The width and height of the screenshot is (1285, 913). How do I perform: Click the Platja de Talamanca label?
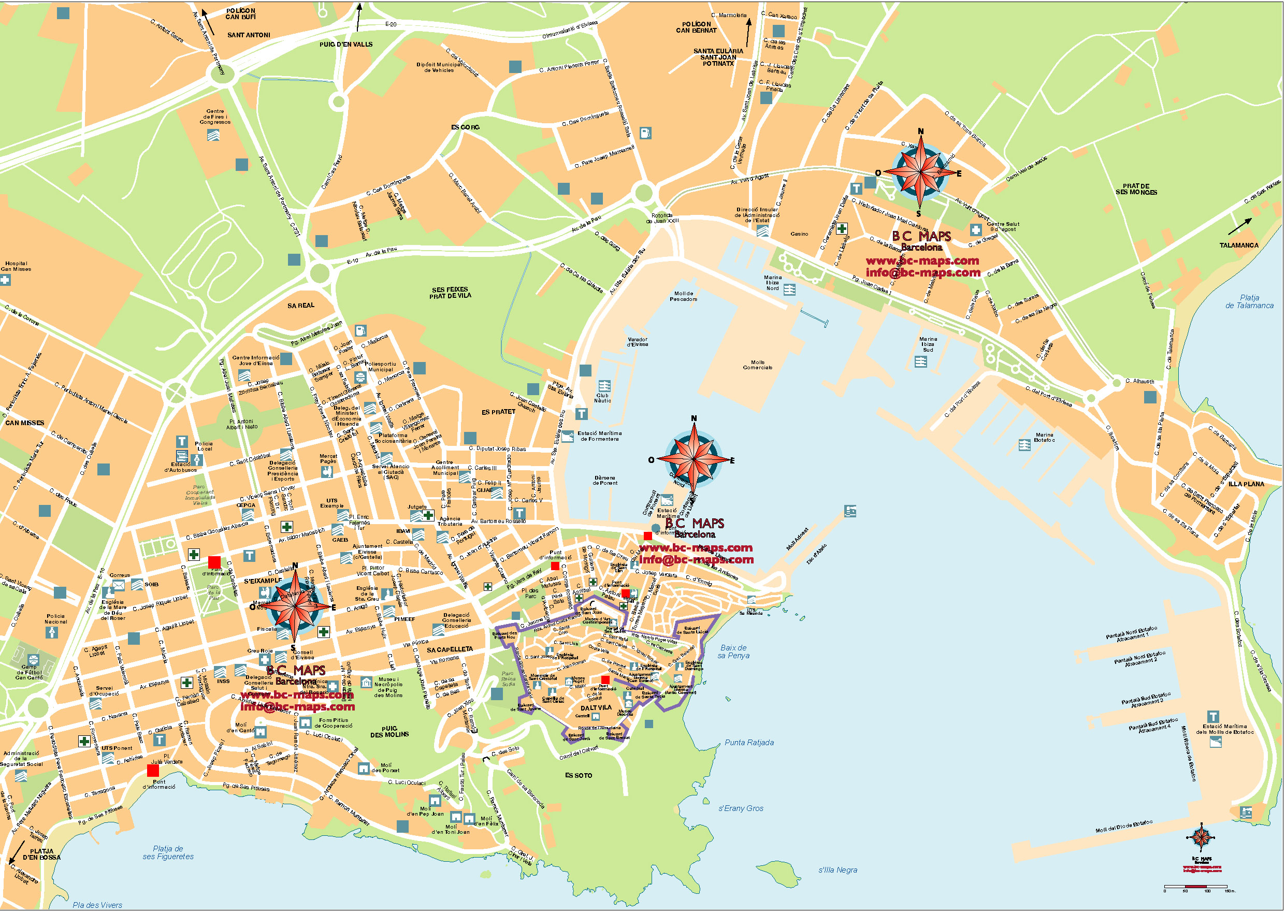point(1249,302)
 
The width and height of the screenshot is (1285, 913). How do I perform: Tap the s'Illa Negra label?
point(838,870)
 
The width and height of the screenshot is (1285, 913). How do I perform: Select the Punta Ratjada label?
point(749,743)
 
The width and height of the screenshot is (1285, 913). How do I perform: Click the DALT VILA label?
point(596,708)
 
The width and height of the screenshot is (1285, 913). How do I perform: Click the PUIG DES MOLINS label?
point(389,732)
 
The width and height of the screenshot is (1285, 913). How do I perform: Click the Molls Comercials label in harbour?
point(757,366)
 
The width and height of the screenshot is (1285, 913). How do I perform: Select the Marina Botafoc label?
point(1044,438)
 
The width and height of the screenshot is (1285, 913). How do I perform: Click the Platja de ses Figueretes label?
point(167,853)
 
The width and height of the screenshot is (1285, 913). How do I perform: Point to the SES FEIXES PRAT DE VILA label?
point(450,293)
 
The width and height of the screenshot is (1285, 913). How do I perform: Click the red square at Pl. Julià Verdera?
point(153,771)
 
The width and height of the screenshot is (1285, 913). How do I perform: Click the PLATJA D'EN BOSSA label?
point(41,854)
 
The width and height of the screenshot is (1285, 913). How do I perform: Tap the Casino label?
point(799,234)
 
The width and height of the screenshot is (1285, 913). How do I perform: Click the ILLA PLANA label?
point(1246,484)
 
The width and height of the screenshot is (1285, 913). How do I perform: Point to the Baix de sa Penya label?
point(733,652)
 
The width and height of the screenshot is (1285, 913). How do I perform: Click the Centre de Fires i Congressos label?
point(215,117)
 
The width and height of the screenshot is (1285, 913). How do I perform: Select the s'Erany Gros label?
point(740,809)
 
